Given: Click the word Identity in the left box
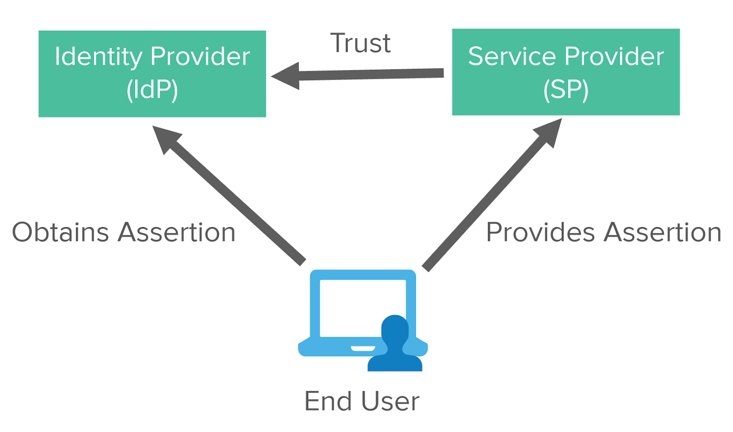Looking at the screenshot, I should tap(98, 57).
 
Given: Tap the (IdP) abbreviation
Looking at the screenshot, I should tap(152, 90).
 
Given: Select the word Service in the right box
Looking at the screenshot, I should tap(513, 56).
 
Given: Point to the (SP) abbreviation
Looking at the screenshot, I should tap(566, 90).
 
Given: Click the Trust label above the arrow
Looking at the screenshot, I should tap(361, 44).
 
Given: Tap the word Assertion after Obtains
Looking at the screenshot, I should tap(177, 232).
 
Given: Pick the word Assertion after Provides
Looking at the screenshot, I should tap(662, 232).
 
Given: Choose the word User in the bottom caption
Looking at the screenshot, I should tap(390, 401).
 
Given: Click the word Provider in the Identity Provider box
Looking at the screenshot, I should tap(200, 56).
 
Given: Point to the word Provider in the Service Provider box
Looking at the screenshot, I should tap(614, 56).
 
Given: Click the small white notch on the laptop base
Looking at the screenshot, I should tap(363, 349).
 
